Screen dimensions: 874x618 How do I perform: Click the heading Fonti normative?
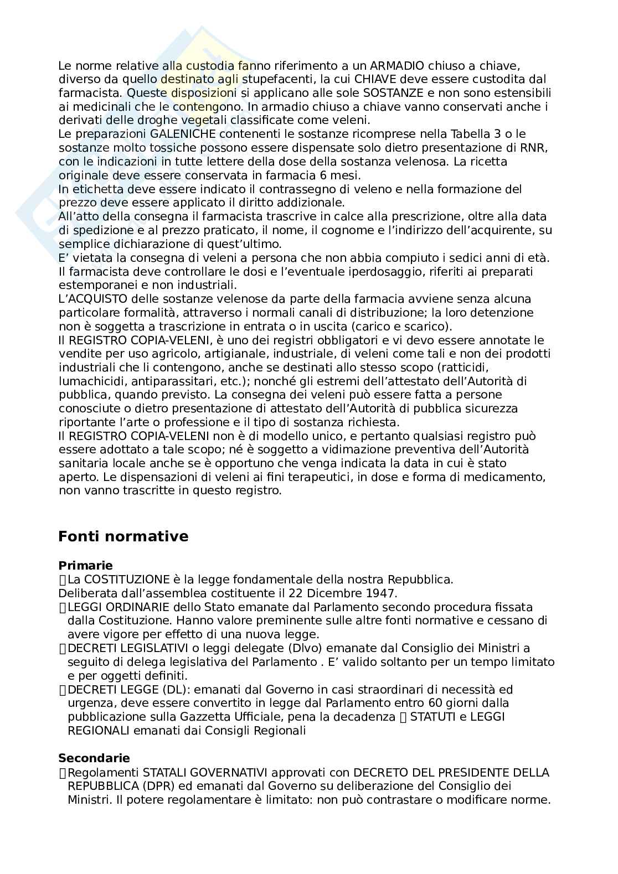click(123, 536)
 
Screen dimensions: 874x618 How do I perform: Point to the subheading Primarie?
click(85, 566)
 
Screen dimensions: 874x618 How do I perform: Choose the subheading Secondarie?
click(94, 758)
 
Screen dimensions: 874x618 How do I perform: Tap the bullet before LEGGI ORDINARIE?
click(62, 607)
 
